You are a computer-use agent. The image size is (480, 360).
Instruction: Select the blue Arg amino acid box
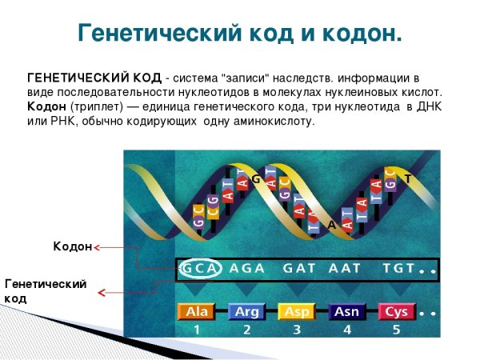246,311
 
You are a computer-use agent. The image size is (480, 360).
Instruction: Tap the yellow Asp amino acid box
297,311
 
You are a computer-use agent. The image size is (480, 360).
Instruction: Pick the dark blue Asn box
346,311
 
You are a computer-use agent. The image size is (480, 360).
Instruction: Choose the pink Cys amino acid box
396,311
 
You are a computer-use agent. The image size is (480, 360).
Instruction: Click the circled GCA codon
198,269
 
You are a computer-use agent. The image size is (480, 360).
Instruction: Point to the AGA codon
246,269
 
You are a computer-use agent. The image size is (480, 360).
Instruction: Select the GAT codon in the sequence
299,269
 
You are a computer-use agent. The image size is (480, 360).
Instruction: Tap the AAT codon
345,269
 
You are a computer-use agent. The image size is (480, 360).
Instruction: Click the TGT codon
398,269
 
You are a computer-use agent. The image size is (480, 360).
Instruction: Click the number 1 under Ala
196,329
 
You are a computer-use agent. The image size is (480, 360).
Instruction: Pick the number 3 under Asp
297,329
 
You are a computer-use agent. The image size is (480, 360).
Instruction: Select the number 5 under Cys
396,329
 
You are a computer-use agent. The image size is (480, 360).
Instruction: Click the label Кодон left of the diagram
73,247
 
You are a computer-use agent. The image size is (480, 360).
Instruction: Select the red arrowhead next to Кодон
97,248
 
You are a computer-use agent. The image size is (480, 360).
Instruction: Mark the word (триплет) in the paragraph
96,106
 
